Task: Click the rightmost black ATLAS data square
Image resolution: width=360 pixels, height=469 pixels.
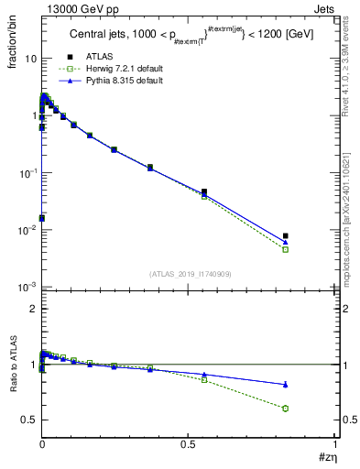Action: (286, 235)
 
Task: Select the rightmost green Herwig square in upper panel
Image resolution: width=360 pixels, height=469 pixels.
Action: (286, 249)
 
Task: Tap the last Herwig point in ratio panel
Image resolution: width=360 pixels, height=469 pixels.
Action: (286, 409)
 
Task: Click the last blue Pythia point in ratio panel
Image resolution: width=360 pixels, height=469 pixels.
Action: (286, 384)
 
